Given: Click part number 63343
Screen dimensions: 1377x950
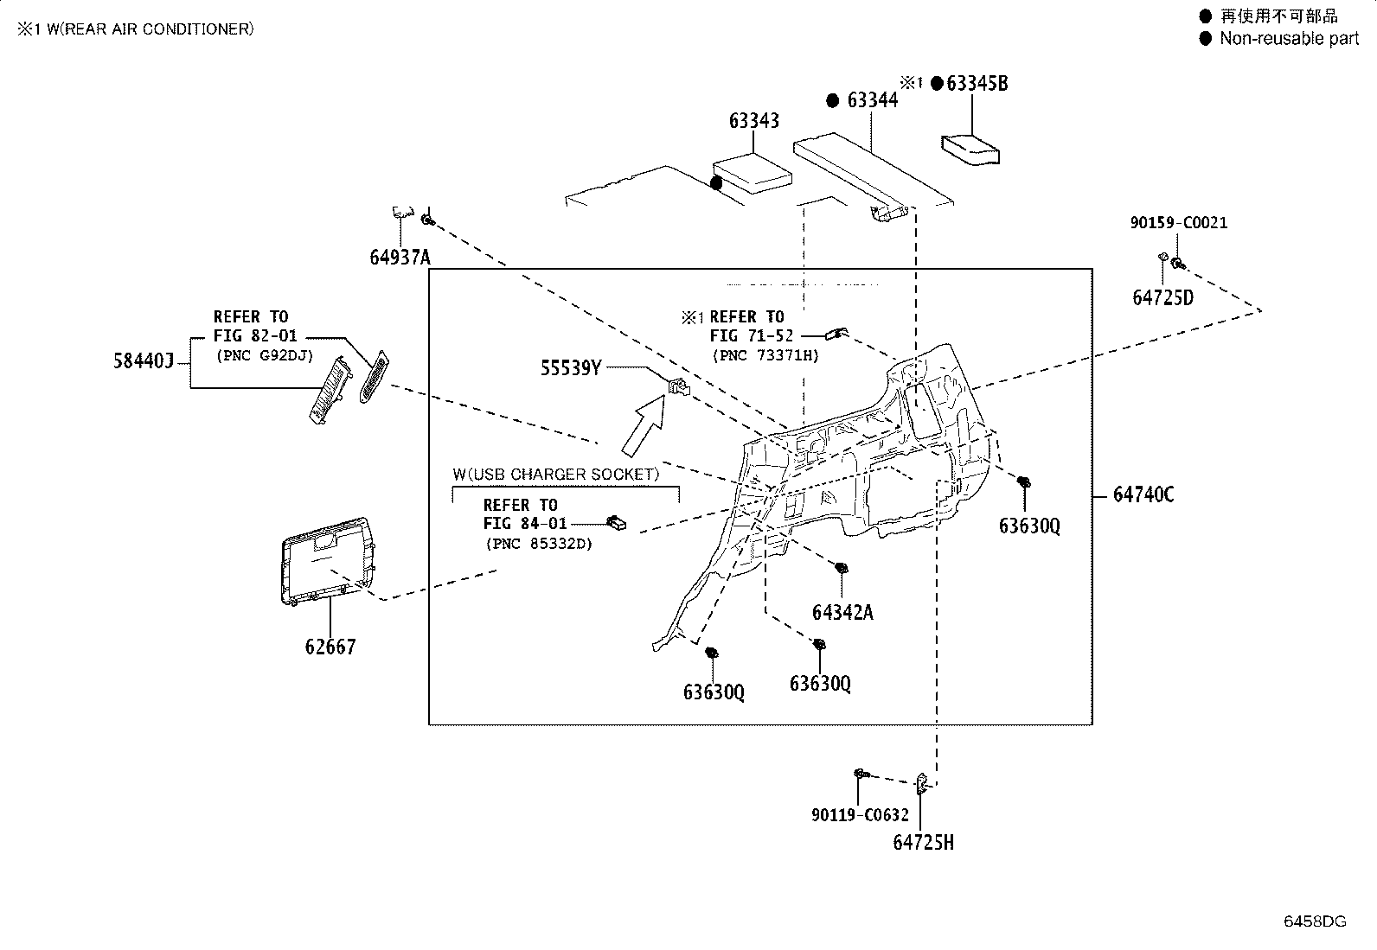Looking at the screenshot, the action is tap(753, 120).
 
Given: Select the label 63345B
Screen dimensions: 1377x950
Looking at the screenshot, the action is tap(977, 83).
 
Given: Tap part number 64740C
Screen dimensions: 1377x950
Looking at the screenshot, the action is tap(1143, 494).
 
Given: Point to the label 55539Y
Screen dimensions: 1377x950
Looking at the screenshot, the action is tap(571, 367).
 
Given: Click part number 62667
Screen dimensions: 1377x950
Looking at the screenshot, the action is tap(330, 647).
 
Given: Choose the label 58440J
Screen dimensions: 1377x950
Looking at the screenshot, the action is tap(144, 360).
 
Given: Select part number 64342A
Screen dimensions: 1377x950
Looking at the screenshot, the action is tap(842, 612).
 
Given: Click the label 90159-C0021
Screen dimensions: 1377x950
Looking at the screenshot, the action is tap(1178, 222).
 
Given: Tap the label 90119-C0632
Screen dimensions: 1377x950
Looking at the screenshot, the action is tap(860, 815).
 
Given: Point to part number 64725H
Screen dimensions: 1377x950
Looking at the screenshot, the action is tap(923, 842).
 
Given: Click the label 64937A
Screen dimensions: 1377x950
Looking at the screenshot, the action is tap(400, 257).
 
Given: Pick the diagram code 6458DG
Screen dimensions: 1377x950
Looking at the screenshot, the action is tap(1315, 921).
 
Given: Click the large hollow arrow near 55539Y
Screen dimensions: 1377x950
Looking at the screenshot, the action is tap(644, 425).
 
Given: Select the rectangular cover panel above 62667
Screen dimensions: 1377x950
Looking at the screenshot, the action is tap(327, 560).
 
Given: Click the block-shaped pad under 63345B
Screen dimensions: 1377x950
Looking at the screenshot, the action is tap(970, 150).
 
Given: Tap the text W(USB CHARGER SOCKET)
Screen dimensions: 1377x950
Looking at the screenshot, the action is tap(555, 475).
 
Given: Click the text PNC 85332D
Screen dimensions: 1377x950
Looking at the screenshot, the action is tap(539, 544).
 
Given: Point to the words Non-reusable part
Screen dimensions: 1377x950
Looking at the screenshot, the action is tap(1289, 38).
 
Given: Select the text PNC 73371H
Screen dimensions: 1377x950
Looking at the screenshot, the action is tap(765, 355).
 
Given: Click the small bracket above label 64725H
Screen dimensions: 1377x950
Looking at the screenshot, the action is tap(922, 783).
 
